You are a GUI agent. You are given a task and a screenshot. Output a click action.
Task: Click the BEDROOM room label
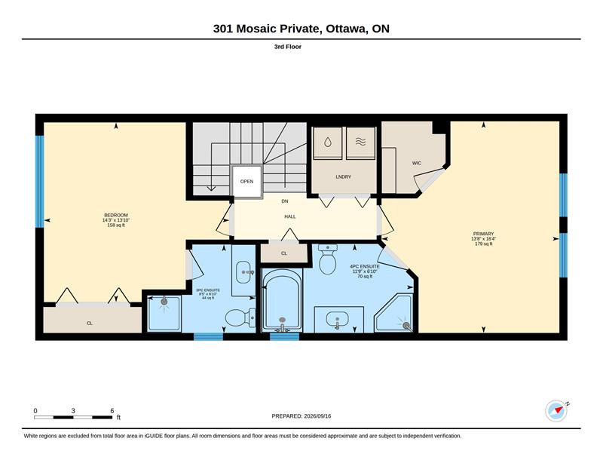116,215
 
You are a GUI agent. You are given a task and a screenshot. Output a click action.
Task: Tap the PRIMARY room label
483,234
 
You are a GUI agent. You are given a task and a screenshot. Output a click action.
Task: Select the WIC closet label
417,163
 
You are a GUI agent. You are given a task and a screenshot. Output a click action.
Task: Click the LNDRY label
344,176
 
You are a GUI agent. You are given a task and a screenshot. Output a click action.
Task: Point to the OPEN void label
247,181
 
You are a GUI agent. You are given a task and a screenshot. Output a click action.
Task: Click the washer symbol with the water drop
327,143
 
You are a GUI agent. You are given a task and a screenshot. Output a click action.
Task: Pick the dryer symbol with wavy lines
360,143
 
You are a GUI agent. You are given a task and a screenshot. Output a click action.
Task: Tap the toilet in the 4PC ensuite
328,259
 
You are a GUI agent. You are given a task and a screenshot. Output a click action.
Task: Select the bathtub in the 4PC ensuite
282,300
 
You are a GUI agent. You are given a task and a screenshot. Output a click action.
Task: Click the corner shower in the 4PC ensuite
394,313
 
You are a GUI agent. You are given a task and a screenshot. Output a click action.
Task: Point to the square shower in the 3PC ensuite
164,314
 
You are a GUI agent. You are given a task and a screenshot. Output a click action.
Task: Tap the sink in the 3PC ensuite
243,271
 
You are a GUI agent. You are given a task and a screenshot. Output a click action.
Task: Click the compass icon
556,412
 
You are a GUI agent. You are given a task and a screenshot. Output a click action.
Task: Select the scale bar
73,417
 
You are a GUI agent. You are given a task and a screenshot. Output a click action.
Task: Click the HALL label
290,216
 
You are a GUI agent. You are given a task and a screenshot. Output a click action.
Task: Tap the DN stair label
285,201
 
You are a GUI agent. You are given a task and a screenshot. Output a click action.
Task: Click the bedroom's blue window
40,182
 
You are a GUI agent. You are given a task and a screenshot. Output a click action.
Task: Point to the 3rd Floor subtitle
288,47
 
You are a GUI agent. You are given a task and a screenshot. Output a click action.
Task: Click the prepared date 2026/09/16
317,416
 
